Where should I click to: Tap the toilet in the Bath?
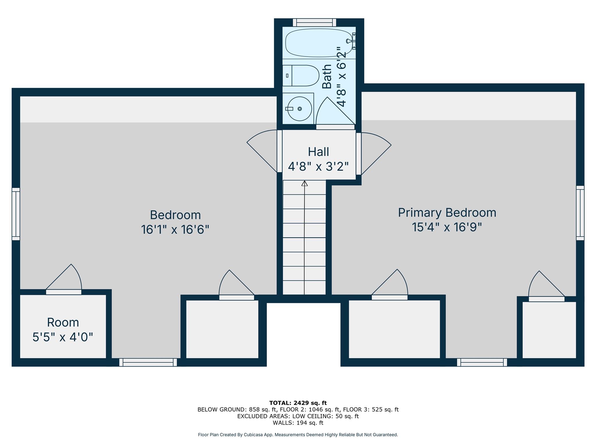tap(301, 76)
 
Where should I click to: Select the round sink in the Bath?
tap(299, 109)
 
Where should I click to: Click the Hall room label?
tap(319, 152)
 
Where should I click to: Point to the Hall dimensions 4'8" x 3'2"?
tap(318, 167)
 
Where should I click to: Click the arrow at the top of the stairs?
tap(305, 183)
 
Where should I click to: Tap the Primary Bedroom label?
tap(447, 213)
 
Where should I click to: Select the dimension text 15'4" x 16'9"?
tap(447, 227)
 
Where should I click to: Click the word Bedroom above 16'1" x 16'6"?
tap(175, 215)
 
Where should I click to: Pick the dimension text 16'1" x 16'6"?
tap(175, 230)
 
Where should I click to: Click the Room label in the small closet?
tap(63, 322)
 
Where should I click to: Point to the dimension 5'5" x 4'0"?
tap(63, 337)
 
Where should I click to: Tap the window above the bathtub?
tap(315, 22)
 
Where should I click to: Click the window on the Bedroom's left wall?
tap(16, 214)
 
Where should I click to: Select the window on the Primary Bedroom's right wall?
tap(580, 213)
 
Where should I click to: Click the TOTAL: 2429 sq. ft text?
tap(298, 403)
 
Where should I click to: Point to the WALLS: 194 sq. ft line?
tap(298, 423)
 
